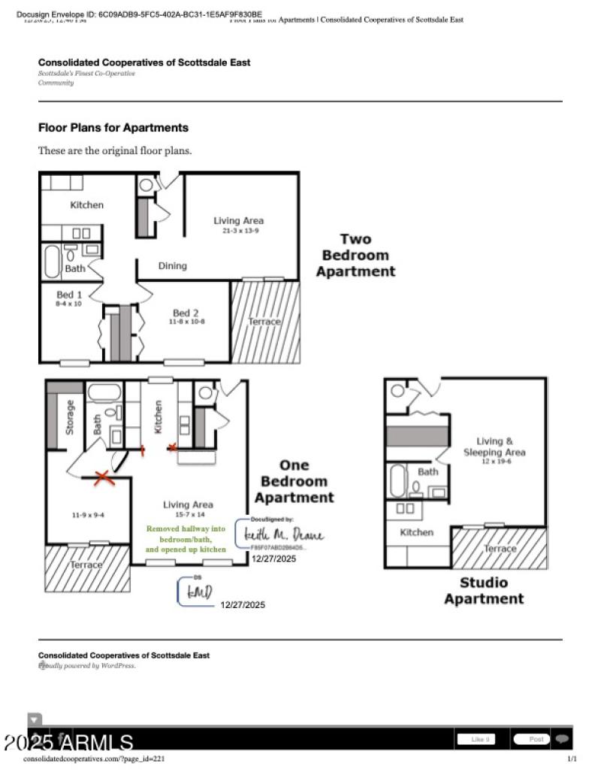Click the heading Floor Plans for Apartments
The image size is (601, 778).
point(113,128)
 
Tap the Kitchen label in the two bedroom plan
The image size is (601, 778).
point(86,205)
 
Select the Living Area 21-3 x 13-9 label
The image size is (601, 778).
point(238,225)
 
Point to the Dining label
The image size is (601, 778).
point(172,266)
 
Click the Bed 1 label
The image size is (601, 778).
point(69,298)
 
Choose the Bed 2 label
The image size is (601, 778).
point(186,316)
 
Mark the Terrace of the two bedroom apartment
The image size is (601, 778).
point(264,321)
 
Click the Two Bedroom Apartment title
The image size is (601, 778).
point(355,256)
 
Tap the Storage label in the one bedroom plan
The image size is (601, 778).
point(71,417)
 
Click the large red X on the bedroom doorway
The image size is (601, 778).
point(103,477)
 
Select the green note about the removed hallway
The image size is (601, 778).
point(185,539)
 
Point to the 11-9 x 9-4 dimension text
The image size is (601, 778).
point(88,516)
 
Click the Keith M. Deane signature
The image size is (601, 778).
point(283,535)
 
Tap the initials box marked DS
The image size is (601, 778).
point(195,592)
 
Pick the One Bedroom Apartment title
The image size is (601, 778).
point(294,481)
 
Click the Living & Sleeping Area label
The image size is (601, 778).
point(494,450)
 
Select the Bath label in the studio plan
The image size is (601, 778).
point(427,472)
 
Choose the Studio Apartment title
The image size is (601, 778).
point(483,591)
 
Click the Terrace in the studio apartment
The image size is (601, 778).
point(500,548)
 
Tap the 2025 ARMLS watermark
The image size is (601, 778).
point(69,743)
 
